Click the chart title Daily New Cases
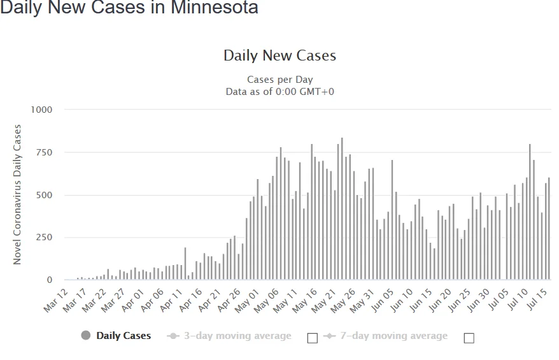coord(279,55)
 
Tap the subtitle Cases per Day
coord(279,80)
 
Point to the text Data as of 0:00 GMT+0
coord(279,92)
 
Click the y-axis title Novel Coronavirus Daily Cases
coord(18,194)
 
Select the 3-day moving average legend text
coord(237,336)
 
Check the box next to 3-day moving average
coord(312,338)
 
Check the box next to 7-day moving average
coord(469,338)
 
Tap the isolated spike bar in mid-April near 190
coord(185,264)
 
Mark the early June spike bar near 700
coord(392,220)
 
